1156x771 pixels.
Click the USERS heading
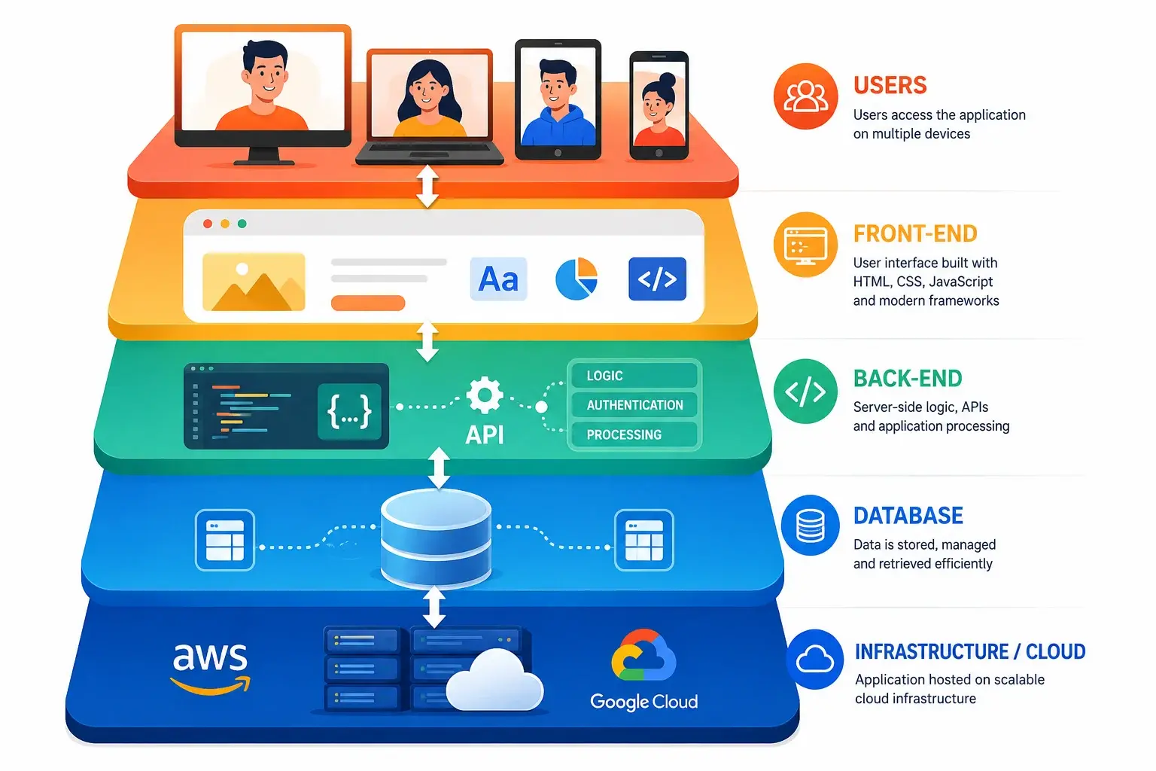coord(890,85)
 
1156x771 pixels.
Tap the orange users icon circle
coord(805,96)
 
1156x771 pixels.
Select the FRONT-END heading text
coord(915,233)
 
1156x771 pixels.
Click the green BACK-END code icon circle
coord(805,392)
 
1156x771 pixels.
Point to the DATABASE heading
coord(908,515)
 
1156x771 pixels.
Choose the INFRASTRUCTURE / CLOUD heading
coord(970,652)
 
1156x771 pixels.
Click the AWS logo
coord(210,669)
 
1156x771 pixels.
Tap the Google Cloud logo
coord(643,669)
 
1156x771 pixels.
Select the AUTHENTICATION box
coord(634,405)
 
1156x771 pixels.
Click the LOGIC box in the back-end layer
coord(634,376)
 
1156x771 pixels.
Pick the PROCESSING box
coord(634,434)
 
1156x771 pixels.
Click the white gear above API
coord(484,395)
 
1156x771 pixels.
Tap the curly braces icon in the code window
coord(349,411)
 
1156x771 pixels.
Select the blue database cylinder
coord(436,538)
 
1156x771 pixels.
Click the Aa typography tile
coord(498,279)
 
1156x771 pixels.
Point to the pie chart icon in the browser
coord(576,279)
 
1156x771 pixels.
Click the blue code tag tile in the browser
coord(657,279)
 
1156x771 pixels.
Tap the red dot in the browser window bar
coord(208,224)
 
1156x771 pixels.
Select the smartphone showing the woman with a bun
coord(659,105)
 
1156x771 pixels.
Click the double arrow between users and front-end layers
coord(427,186)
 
